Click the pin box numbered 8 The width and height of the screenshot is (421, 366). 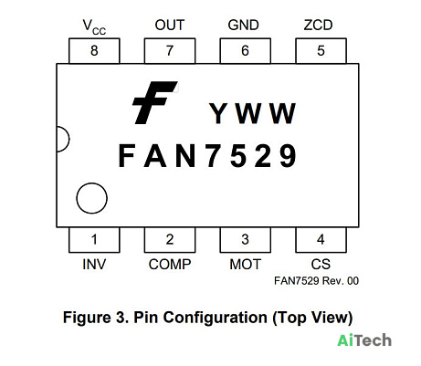(x=94, y=51)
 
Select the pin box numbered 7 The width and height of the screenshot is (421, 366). (x=170, y=51)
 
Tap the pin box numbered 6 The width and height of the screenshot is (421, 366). (x=246, y=51)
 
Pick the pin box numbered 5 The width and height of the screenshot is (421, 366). (x=321, y=51)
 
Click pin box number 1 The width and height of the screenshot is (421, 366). (x=94, y=240)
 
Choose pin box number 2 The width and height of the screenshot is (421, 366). (x=170, y=240)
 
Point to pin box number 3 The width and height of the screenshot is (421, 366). (x=246, y=240)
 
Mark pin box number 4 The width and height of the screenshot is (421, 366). (x=321, y=240)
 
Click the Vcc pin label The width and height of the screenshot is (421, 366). (x=94, y=27)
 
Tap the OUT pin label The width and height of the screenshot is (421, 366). (x=170, y=26)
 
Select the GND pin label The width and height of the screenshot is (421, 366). (x=243, y=26)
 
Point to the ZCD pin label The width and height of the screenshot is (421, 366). (x=318, y=26)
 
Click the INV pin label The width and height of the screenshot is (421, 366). (x=94, y=265)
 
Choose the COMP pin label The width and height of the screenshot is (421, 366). (x=170, y=265)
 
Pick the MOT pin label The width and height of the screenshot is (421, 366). (x=246, y=265)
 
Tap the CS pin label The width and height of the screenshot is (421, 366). (x=321, y=265)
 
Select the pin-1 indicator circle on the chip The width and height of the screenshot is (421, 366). (x=91, y=183)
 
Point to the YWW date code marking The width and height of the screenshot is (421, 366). (x=252, y=113)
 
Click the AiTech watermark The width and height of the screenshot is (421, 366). (x=364, y=340)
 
